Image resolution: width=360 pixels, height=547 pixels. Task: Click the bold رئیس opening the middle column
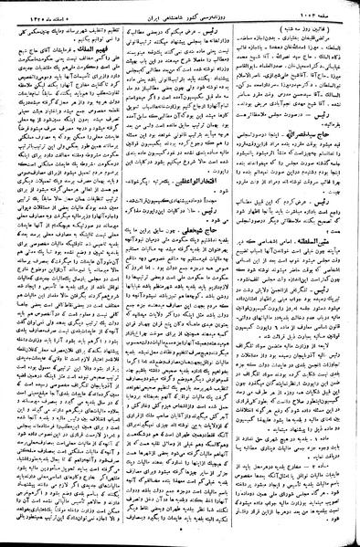point(223,29)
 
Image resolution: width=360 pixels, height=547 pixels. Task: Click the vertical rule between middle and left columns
point(122,274)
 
